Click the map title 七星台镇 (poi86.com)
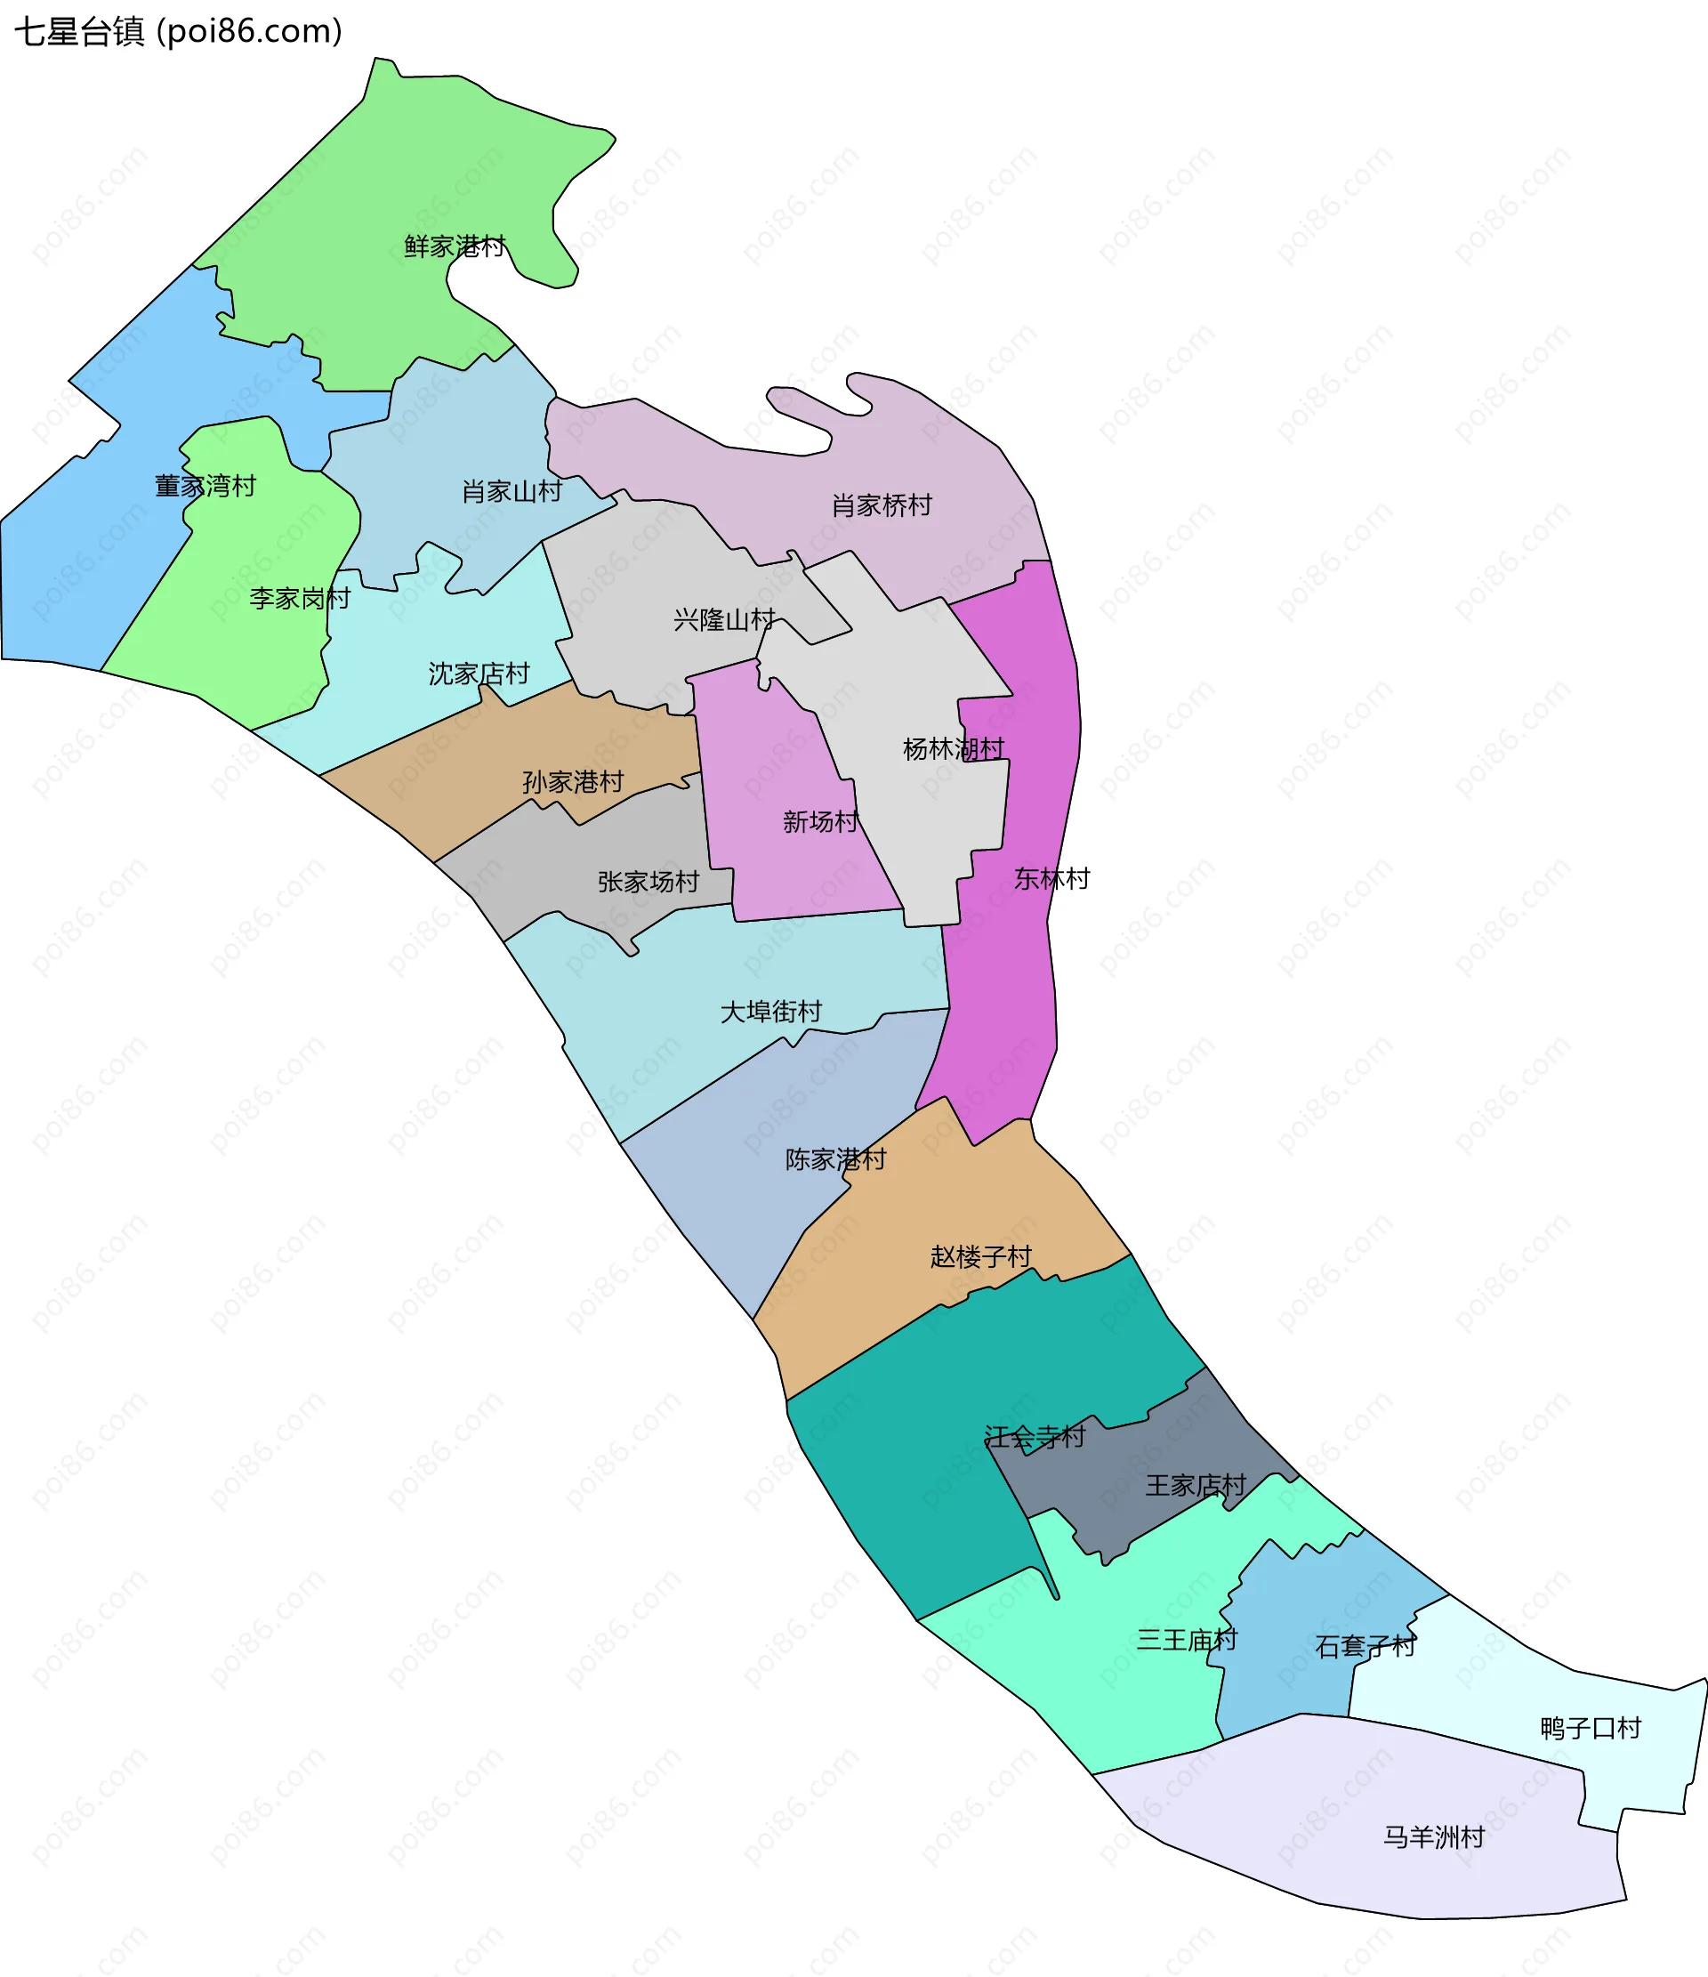tap(179, 31)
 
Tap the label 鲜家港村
tap(455, 247)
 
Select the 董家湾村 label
tap(205, 487)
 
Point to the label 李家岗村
tap(300, 599)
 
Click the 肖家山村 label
tap(512, 492)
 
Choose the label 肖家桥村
tap(882, 505)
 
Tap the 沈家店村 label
tap(479, 674)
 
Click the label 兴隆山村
tap(724, 621)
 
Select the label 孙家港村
tap(574, 783)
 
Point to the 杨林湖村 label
tap(954, 750)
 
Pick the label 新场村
tap(820, 822)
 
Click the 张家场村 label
tap(649, 883)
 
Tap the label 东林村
tap(1051, 880)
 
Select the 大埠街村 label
tap(771, 1013)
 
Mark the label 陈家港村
tap(836, 1160)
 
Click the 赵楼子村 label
tap(981, 1257)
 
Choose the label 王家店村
tap(1196, 1487)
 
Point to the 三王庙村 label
tap(1187, 1640)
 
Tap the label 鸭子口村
tap(1591, 1729)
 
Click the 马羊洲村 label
tap(1434, 1837)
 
